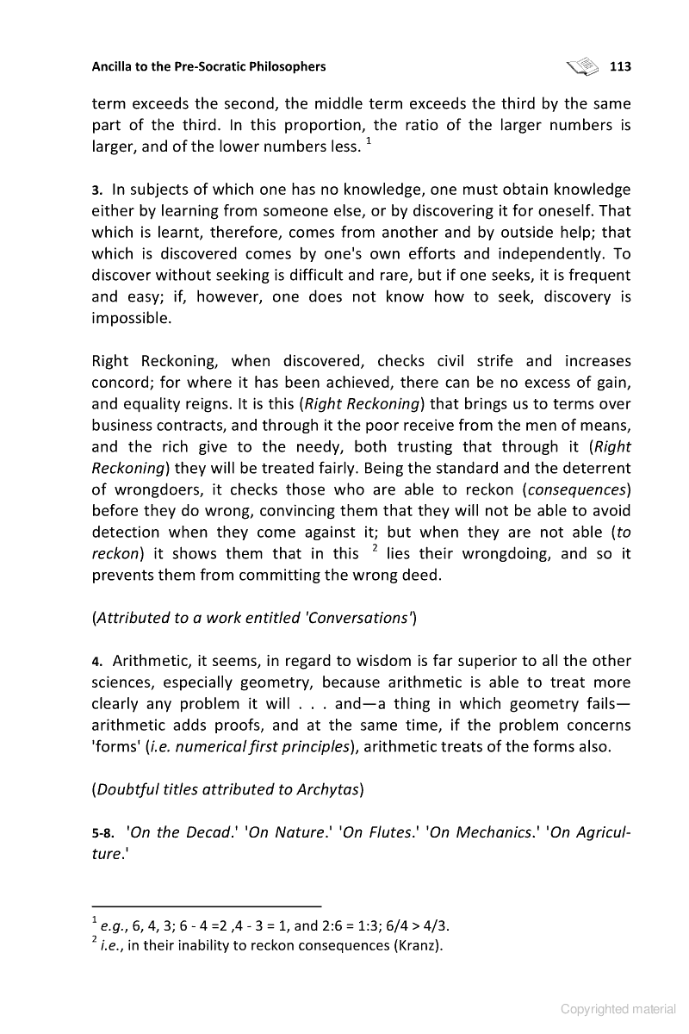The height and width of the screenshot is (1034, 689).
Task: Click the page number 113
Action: coord(620,66)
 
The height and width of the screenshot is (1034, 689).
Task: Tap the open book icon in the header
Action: coord(582,65)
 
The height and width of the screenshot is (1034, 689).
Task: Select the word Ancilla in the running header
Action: coord(114,66)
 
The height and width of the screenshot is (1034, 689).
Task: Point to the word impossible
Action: coord(133,318)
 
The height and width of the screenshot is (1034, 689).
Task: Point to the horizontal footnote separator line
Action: coord(206,906)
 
